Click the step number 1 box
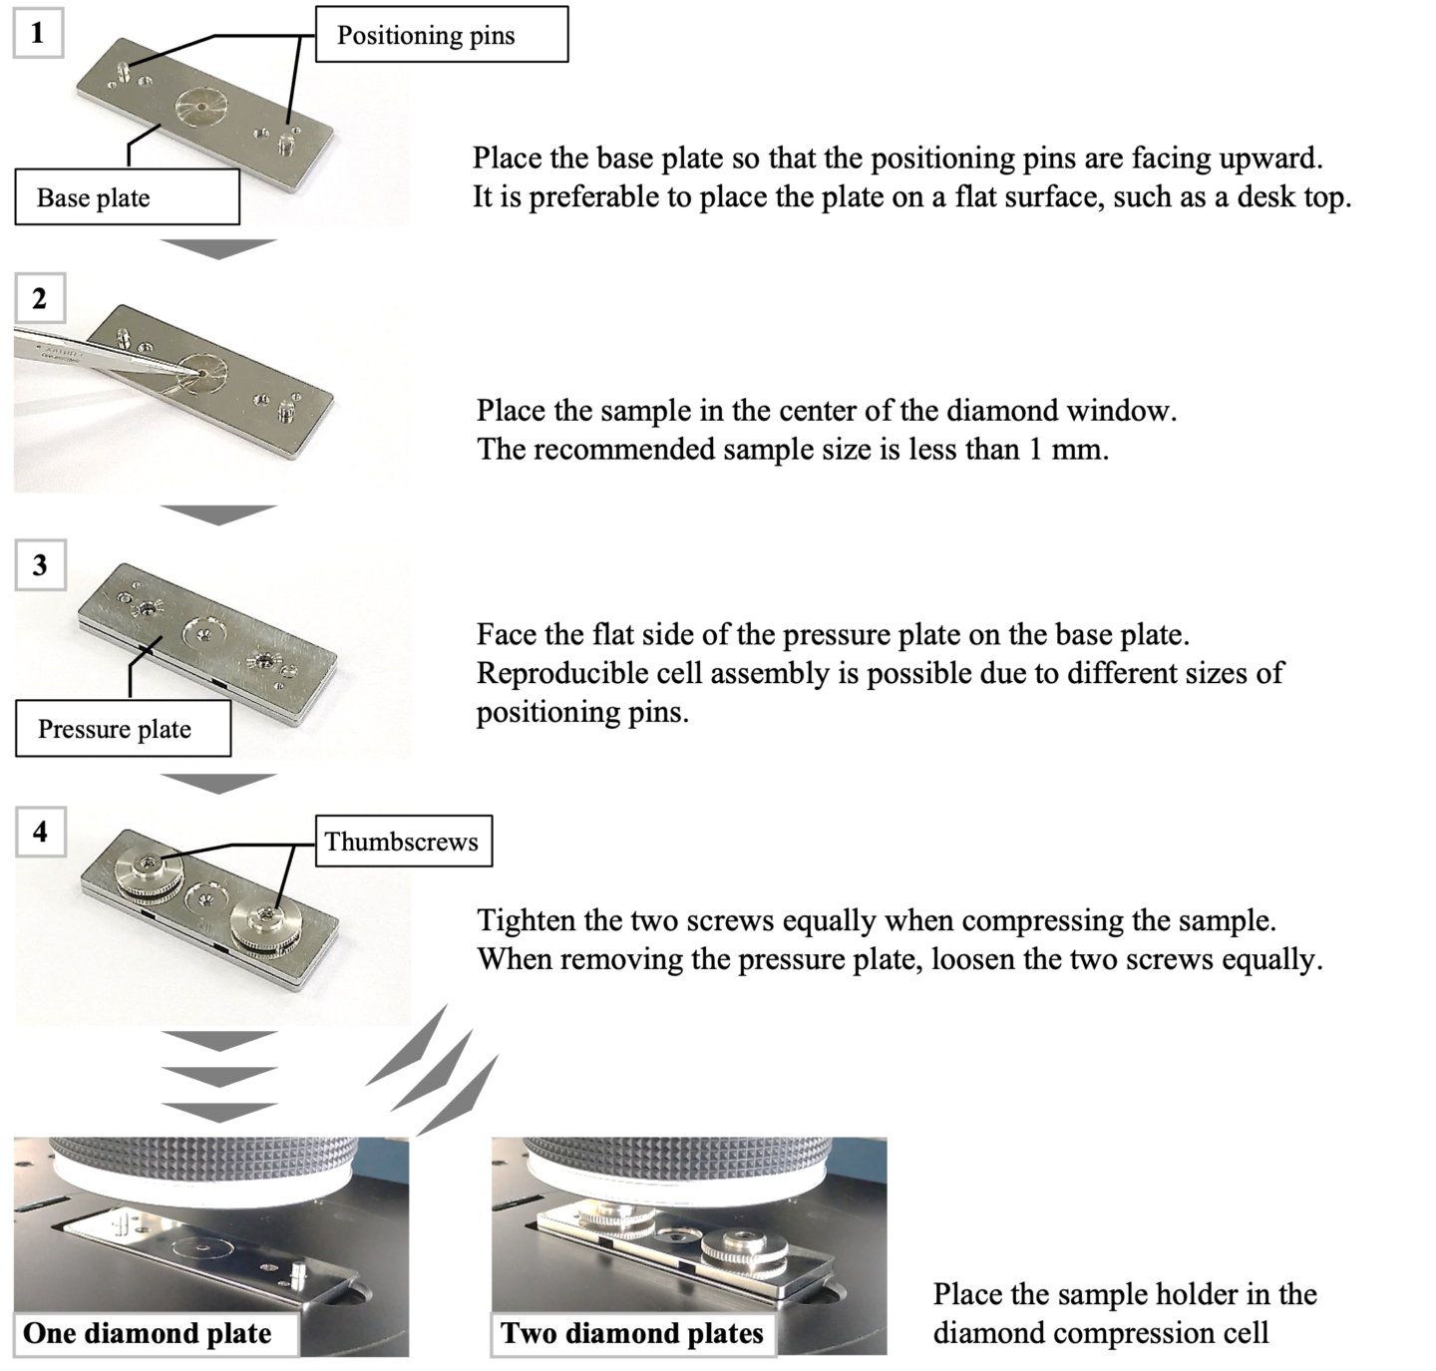tap(38, 33)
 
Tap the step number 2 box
tap(39, 299)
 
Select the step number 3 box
tap(40, 565)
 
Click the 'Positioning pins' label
tap(425, 37)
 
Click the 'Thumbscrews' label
tap(401, 842)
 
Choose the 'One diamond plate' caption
tap(148, 1334)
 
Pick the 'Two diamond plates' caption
tap(632, 1334)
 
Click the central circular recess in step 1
tap(203, 106)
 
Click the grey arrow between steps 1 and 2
tap(217, 248)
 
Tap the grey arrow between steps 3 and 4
tap(217, 783)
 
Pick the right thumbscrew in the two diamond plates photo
tap(740, 1250)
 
